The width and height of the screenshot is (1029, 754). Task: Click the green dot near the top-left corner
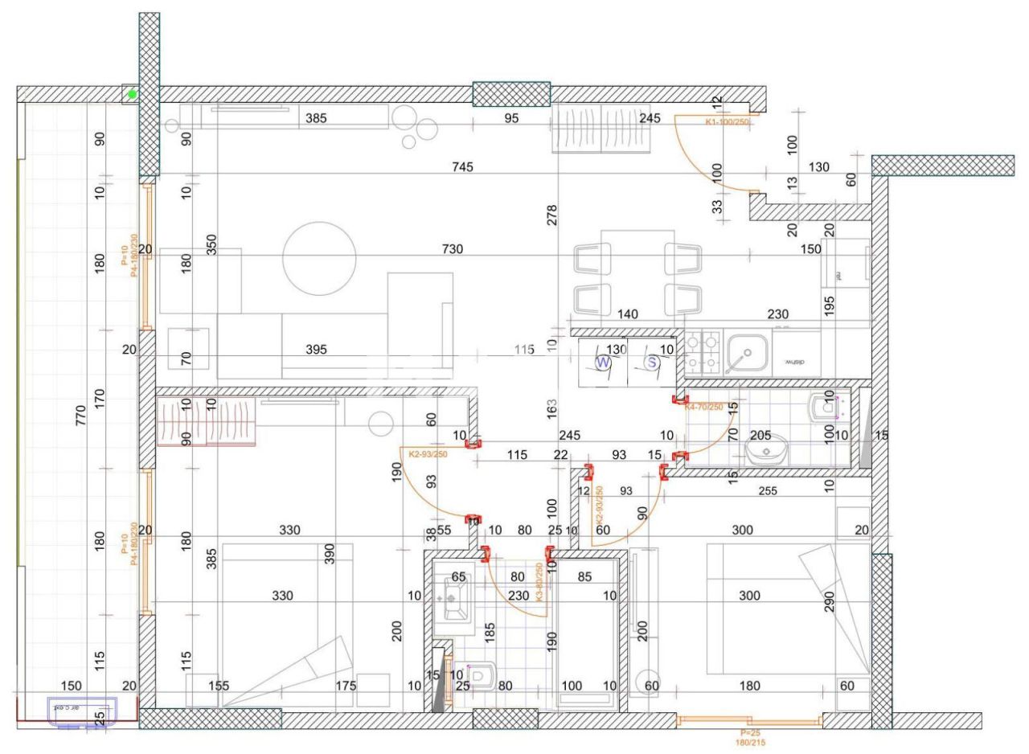[133, 95]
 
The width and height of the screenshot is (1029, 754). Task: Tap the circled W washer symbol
[603, 363]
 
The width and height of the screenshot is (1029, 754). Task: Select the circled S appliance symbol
[653, 363]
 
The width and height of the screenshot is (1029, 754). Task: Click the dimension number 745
[462, 167]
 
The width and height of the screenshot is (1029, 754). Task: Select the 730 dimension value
[453, 250]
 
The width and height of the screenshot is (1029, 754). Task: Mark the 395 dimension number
[317, 350]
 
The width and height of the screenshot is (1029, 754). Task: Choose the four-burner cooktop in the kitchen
[702, 352]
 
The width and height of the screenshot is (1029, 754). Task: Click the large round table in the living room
[319, 258]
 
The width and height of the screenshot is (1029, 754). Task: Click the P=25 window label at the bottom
[750, 733]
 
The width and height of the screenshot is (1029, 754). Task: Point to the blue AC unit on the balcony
[83, 711]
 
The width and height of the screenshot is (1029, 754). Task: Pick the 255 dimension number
[768, 490]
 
